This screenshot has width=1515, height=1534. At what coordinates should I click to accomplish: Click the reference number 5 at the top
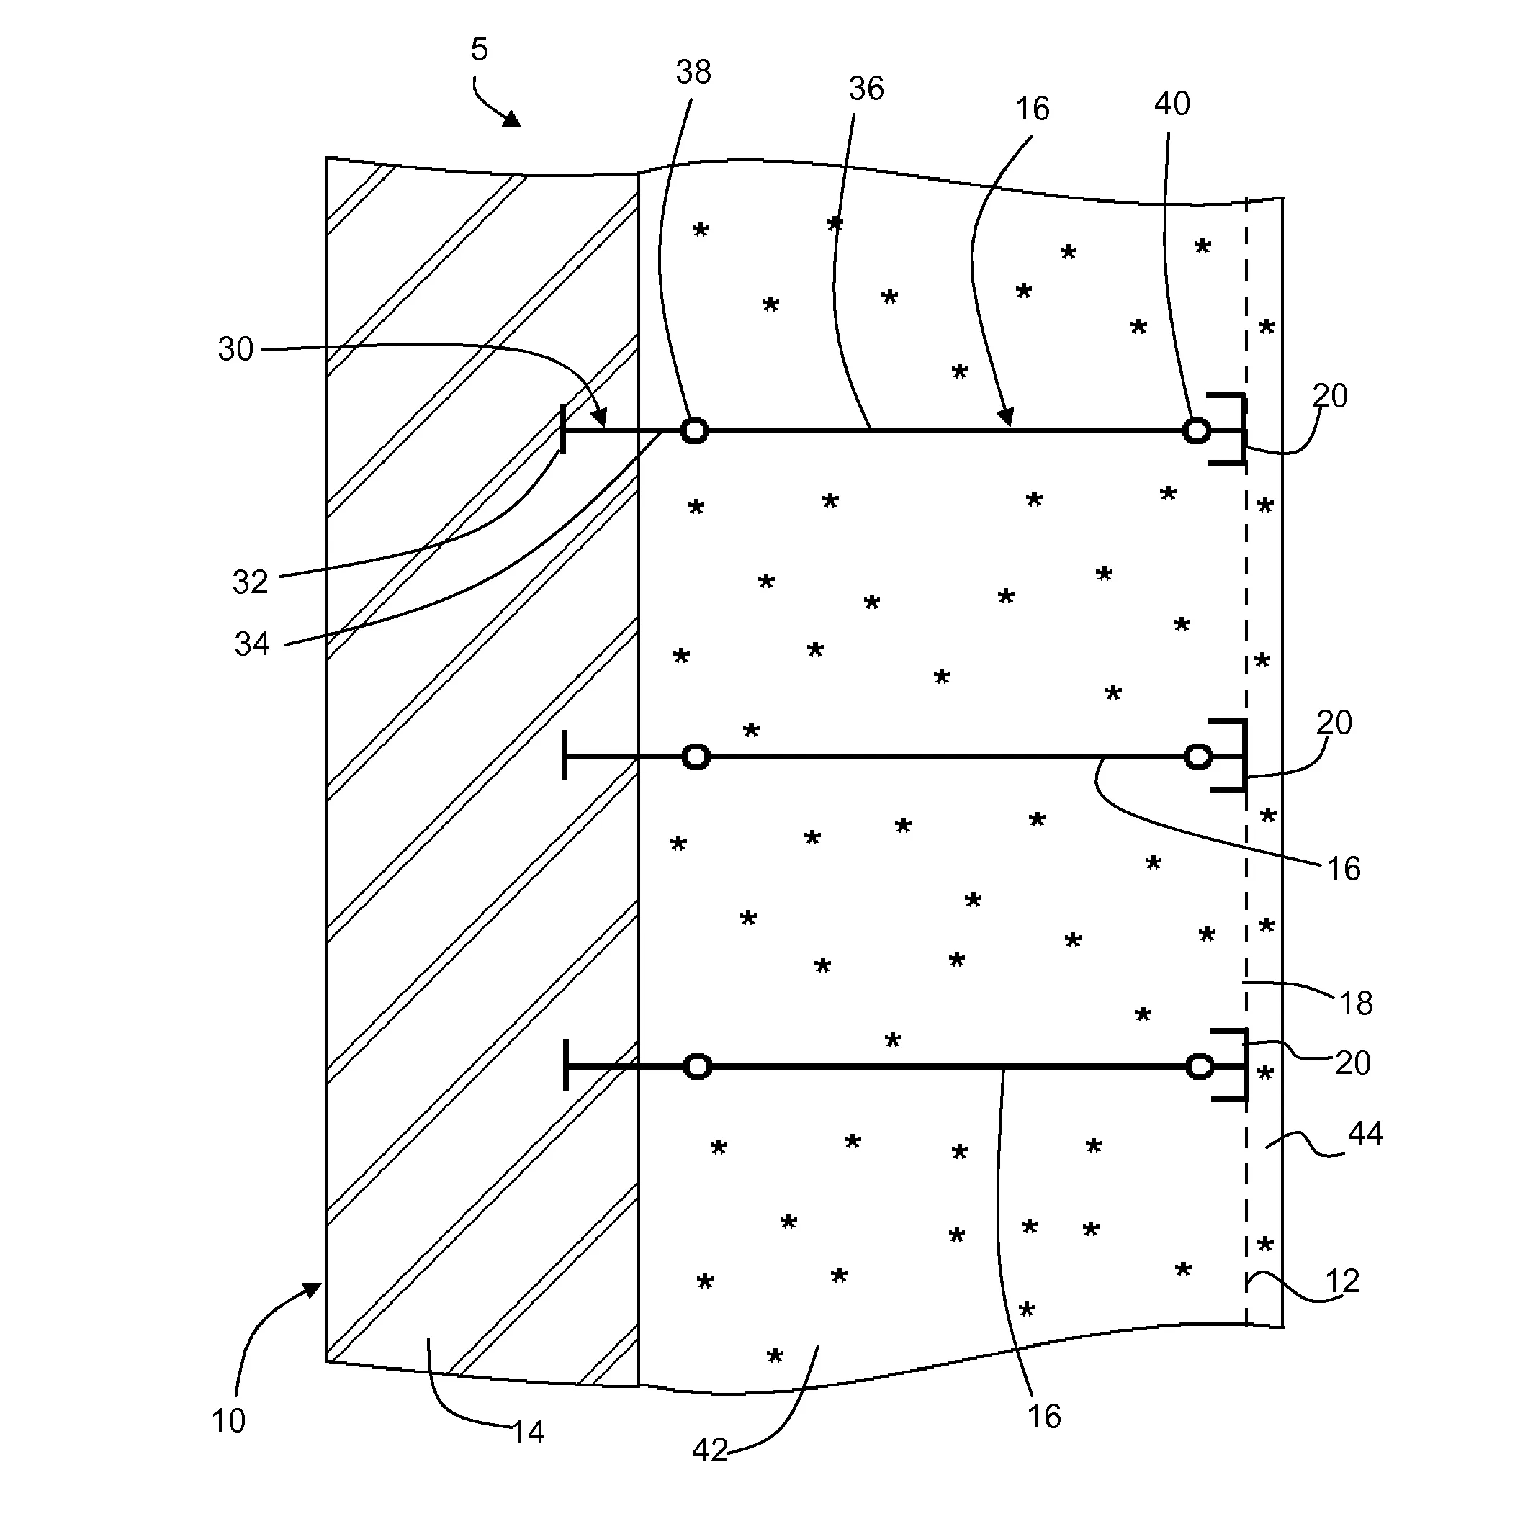(479, 49)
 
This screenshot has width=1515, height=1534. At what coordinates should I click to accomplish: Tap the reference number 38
(693, 72)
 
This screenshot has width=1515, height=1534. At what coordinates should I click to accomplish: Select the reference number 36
(866, 89)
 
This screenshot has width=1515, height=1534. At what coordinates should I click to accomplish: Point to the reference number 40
(1172, 104)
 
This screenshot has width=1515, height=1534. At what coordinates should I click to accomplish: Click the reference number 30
(236, 349)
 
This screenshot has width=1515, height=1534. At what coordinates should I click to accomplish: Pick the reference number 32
(250, 583)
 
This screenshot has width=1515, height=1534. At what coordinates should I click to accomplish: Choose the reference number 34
(252, 644)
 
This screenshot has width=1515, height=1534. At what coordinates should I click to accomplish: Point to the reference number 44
(1366, 1133)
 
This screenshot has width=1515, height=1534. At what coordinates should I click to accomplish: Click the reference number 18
(1355, 1003)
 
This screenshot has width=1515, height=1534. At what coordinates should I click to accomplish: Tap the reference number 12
(1343, 1281)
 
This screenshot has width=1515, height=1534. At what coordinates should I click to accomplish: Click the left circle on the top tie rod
(695, 431)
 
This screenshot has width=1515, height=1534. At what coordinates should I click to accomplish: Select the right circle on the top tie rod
(1197, 431)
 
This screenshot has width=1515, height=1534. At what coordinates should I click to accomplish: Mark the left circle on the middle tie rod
(696, 757)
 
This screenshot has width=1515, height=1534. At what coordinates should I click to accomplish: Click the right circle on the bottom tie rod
(1199, 1066)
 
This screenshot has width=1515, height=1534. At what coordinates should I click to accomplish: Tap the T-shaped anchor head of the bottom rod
(565, 1065)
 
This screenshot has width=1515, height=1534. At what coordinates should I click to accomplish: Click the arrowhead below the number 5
(511, 119)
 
